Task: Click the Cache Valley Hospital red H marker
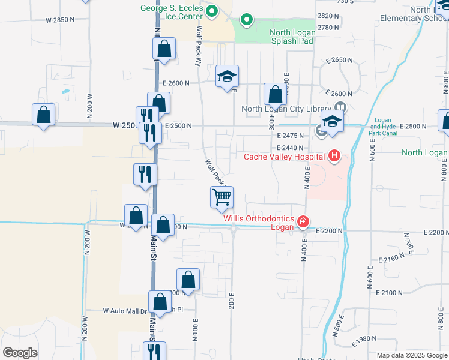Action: tap(334, 157)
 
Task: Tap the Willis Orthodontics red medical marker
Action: tap(303, 223)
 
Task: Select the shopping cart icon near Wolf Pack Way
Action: tap(221, 197)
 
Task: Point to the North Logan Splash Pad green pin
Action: tap(246, 20)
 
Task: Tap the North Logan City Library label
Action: tap(286, 109)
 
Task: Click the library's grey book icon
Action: tap(339, 107)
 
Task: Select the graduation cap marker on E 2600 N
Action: tap(228, 76)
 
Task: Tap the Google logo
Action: tap(20, 353)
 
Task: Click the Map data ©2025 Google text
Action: tap(412, 356)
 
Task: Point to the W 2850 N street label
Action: tap(61, 20)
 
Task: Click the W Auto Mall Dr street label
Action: tap(125, 311)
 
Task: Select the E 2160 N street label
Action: tap(393, 259)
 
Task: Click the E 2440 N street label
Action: tap(292, 148)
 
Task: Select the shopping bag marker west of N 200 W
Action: tap(44, 114)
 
